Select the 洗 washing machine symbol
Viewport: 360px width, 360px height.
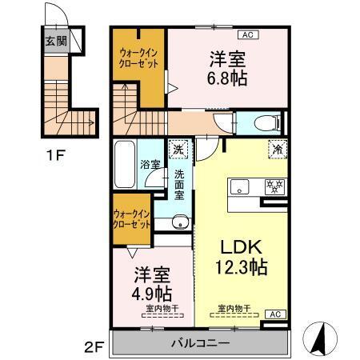(x=178, y=148)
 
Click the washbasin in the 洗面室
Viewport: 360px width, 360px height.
(x=178, y=223)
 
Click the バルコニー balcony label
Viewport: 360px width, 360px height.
(x=199, y=344)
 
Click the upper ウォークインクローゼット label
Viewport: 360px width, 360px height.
(x=137, y=63)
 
